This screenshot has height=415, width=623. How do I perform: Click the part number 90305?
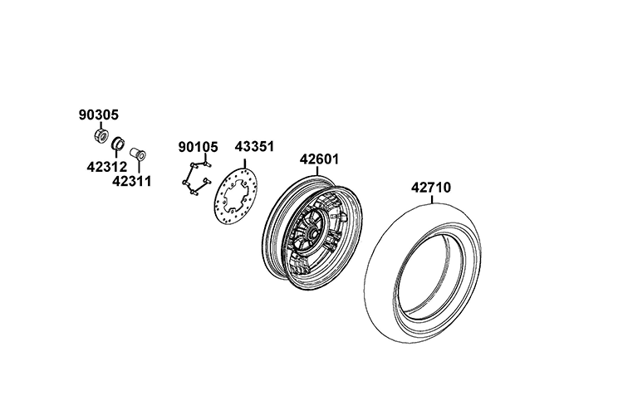(99, 115)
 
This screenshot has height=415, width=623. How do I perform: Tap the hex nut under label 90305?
(101, 135)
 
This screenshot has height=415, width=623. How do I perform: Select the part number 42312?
(106, 167)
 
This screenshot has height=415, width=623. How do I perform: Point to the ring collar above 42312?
(118, 143)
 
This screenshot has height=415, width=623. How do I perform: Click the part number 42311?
(131, 181)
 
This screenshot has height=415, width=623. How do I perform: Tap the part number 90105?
(198, 147)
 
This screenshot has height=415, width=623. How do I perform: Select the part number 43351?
(254, 147)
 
